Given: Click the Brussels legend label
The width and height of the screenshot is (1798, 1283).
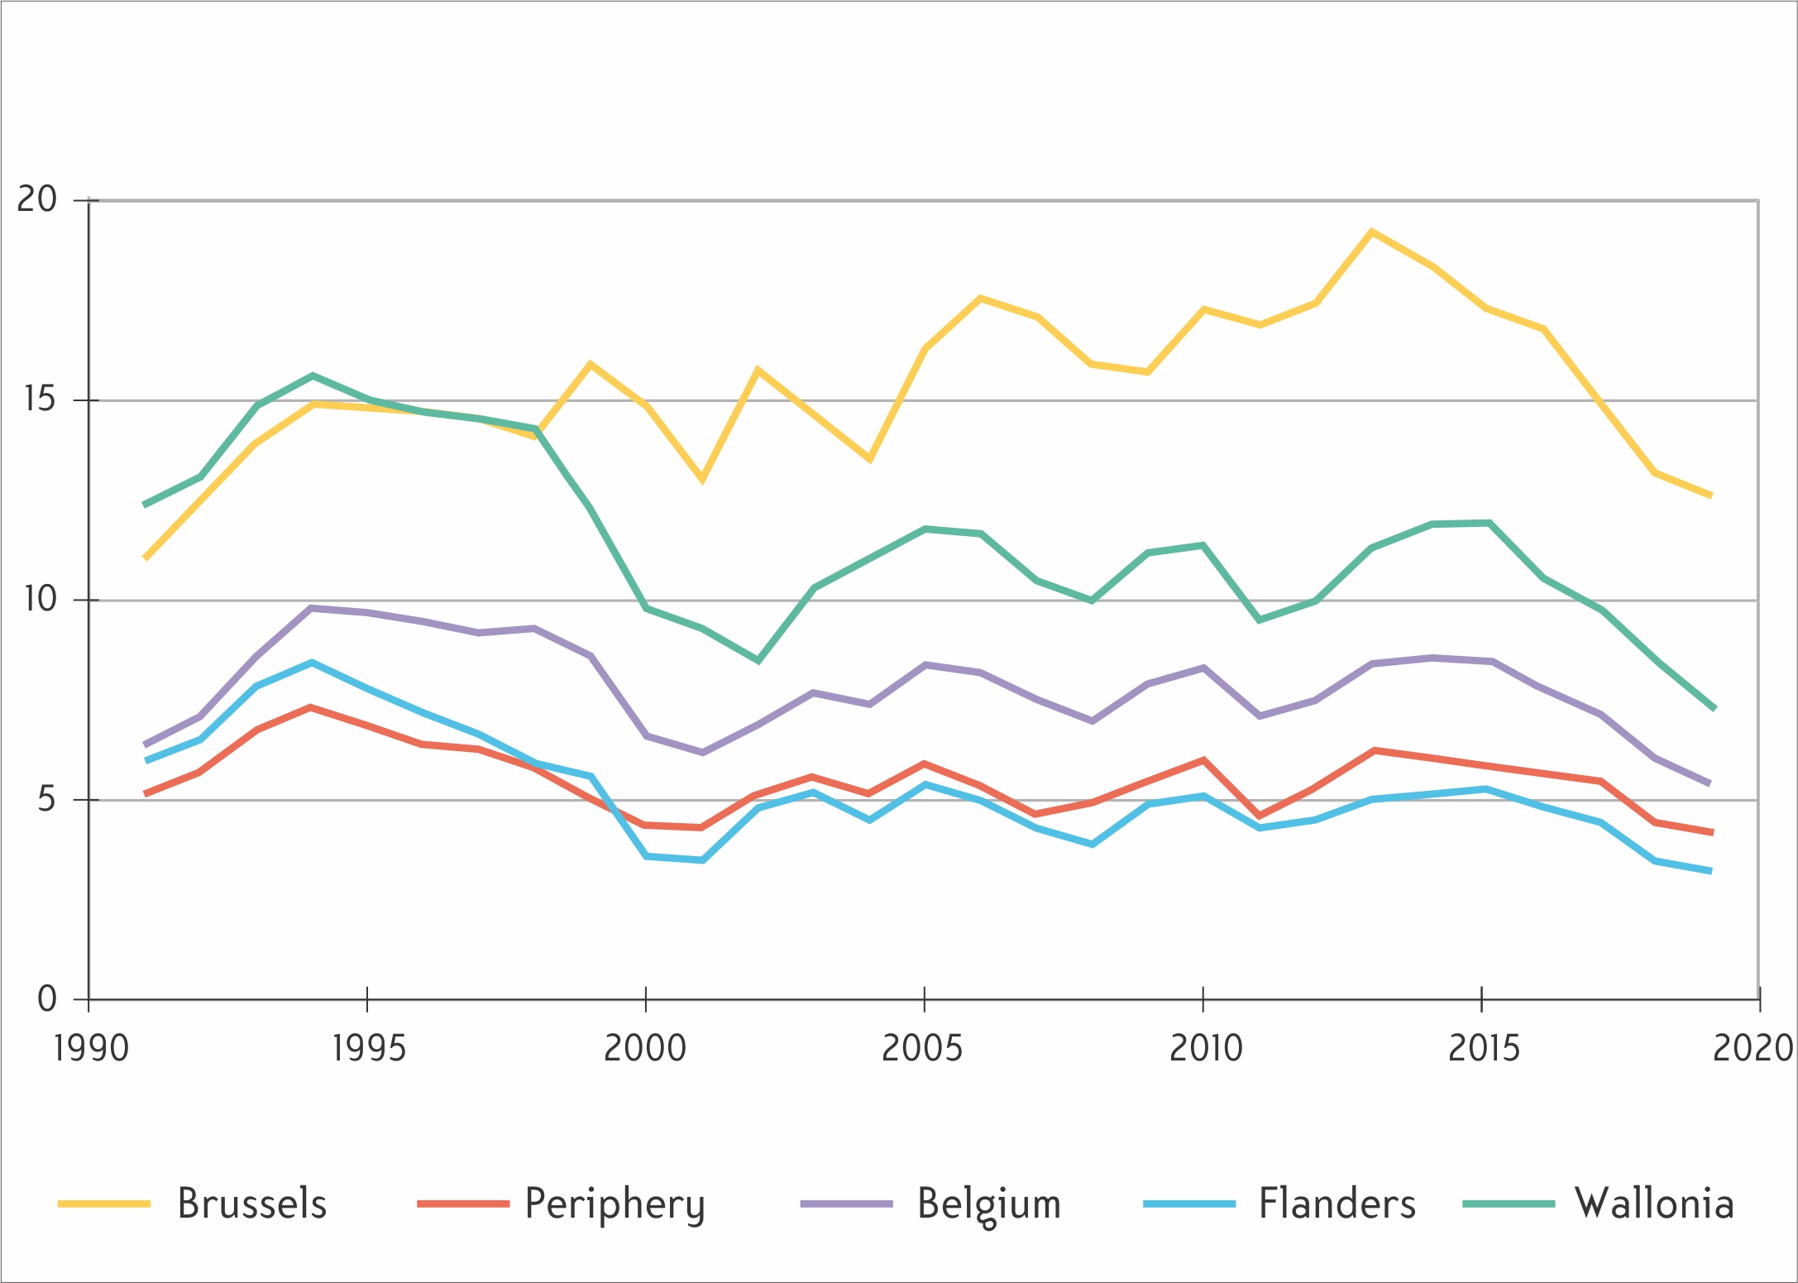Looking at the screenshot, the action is (252, 1204).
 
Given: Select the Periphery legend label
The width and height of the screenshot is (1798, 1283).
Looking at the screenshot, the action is (615, 1206).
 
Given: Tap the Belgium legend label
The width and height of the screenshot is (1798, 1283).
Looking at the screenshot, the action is (989, 1206).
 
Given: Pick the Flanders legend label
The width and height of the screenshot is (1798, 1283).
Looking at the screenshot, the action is (1337, 1204).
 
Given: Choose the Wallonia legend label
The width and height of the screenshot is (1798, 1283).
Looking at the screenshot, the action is (1654, 1204).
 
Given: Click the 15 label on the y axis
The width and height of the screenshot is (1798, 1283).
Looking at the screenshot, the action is (39, 400).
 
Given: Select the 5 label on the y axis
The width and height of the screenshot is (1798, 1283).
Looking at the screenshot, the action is (46, 799).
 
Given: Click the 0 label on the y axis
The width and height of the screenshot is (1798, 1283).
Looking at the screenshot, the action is (47, 998).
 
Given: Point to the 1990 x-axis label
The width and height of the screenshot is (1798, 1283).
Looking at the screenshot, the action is (91, 1049).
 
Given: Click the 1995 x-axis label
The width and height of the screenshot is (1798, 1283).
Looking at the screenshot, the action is (369, 1049).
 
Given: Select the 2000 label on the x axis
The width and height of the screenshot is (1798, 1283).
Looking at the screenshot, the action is (645, 1049).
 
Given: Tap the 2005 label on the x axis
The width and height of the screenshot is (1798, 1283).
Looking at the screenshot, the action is (923, 1049).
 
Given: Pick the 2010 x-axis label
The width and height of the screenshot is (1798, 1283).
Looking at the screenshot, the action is (1206, 1049).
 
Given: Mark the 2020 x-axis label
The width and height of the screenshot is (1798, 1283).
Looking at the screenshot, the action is (1753, 1049).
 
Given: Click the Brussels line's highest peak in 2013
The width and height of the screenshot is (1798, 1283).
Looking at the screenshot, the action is (1372, 232).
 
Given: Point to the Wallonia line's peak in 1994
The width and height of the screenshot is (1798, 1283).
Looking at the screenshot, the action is (313, 376).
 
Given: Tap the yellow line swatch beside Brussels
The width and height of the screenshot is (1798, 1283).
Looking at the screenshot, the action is (103, 1204).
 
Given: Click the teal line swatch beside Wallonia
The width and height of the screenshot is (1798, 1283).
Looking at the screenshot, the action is (1509, 1204).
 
